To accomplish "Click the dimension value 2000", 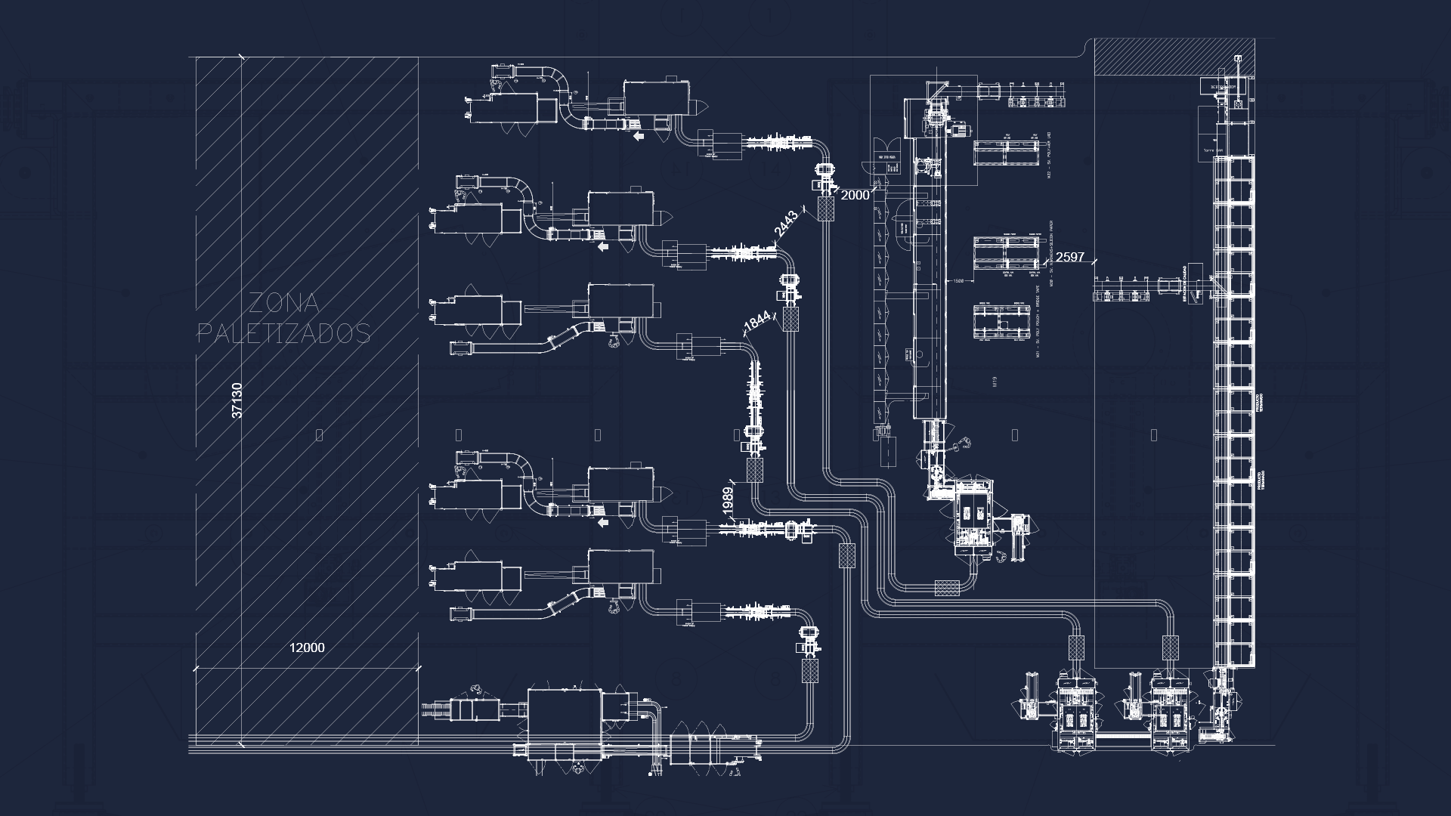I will click(x=855, y=195).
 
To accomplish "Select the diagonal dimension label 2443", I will click(x=786, y=224).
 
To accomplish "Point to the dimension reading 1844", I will click(x=757, y=322).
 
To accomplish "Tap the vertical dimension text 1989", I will click(x=727, y=502).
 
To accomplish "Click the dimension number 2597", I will click(x=1069, y=257).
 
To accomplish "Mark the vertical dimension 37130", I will click(x=237, y=400).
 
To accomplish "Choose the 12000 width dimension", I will click(x=307, y=648).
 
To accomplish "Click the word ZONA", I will click(x=284, y=304).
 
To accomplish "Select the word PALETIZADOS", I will click(x=284, y=332).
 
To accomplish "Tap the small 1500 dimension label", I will click(x=958, y=281).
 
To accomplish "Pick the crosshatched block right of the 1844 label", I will click(x=791, y=319).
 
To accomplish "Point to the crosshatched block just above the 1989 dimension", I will click(x=755, y=470).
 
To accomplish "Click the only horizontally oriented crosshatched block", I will click(x=947, y=587).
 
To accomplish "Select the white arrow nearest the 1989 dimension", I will click(x=603, y=522).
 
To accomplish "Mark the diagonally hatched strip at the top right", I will click(x=1174, y=57).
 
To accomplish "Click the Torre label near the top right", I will click(x=1212, y=150).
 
